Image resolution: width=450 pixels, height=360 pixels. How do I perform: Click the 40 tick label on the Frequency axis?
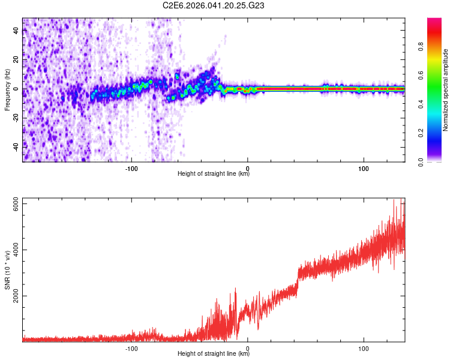(16, 31)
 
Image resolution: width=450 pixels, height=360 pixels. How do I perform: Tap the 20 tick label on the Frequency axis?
(16, 60)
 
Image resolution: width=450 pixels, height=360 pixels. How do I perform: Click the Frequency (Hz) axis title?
(7, 89)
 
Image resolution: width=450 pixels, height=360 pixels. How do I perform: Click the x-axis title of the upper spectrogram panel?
(214, 175)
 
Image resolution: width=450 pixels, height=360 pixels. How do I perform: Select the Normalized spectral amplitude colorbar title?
(446, 90)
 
